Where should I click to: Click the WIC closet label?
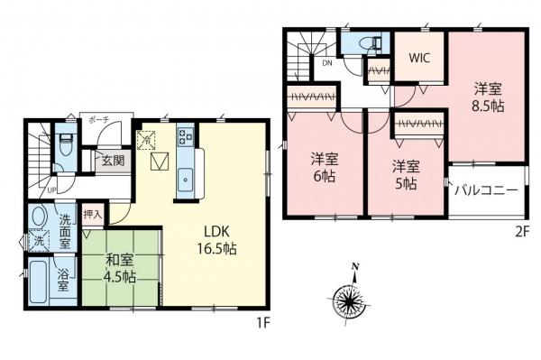click(418, 58)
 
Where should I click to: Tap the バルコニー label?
click(485, 191)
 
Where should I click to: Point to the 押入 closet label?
click(93, 216)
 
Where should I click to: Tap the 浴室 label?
click(62, 280)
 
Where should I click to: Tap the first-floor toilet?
click(63, 145)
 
